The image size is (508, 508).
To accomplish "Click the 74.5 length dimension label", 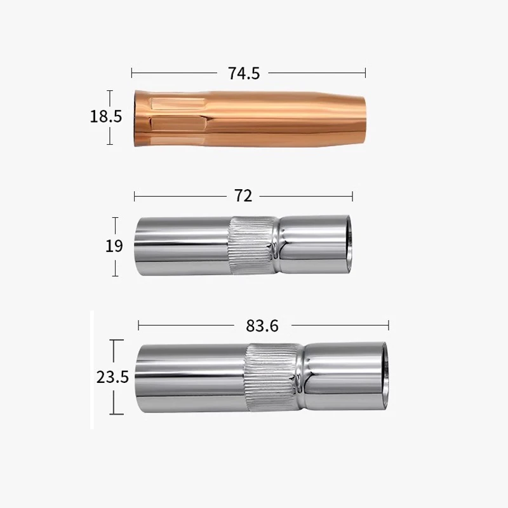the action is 244,73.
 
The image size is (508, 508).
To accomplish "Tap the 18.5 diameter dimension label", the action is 105,117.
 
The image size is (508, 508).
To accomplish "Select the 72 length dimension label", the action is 243,196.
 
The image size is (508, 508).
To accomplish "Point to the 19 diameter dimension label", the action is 114,246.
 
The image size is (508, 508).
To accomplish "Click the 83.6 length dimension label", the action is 262,326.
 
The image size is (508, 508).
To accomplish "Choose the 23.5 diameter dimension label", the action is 112,377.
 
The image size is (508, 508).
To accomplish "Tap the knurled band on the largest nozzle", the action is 273,377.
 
